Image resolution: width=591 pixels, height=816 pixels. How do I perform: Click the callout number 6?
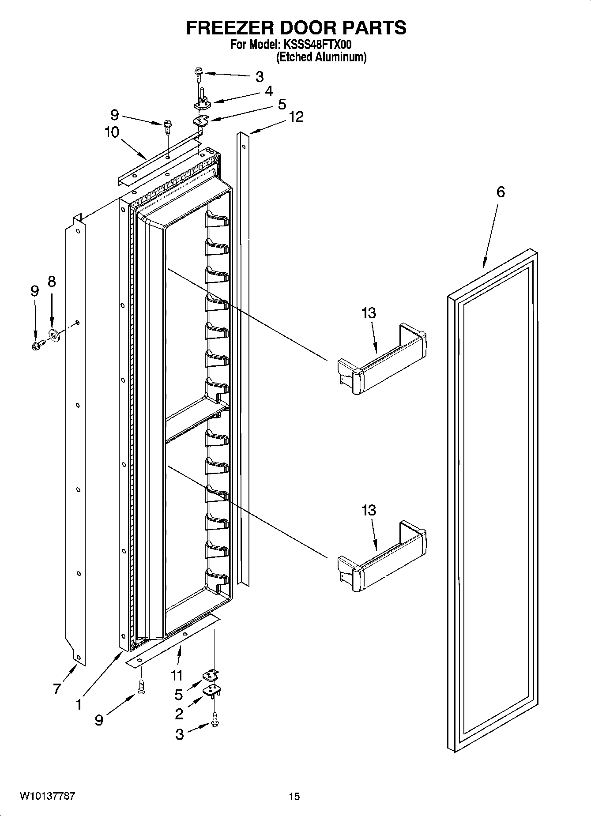click(x=500, y=192)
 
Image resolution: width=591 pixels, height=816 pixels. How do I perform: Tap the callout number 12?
click(x=296, y=117)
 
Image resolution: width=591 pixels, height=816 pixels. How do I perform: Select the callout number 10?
click(x=112, y=132)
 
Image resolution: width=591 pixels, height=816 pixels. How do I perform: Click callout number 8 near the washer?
click(x=52, y=282)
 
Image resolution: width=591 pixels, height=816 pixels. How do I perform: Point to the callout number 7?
click(x=57, y=688)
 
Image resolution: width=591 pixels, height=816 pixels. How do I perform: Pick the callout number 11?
click(x=177, y=675)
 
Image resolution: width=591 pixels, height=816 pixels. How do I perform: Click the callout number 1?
click(x=78, y=704)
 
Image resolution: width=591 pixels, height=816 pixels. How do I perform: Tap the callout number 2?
click(x=179, y=713)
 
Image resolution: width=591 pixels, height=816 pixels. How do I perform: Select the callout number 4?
click(x=269, y=91)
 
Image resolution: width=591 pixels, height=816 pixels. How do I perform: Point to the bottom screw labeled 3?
click(x=215, y=722)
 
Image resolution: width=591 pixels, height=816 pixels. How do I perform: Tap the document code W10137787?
click(x=47, y=796)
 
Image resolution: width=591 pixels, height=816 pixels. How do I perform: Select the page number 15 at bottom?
click(x=294, y=796)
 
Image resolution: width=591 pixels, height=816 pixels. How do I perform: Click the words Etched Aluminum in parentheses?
click(x=321, y=57)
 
